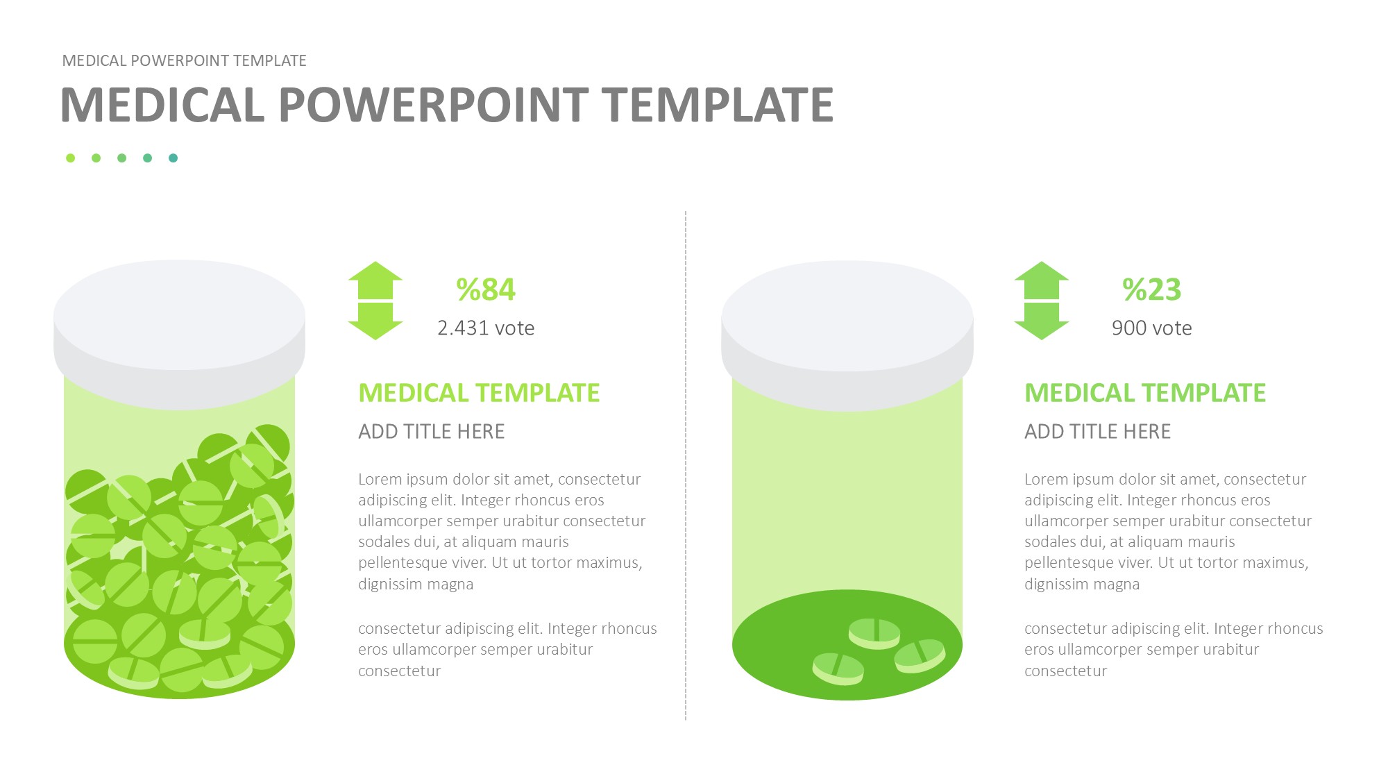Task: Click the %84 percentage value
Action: coord(486,289)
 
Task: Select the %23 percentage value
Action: coord(1152,289)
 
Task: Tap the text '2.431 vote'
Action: coord(486,328)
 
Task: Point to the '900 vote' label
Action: coord(1152,328)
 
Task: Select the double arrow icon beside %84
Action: coord(375,301)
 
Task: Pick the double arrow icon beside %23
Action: coord(1042,301)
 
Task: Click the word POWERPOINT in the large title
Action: coord(434,105)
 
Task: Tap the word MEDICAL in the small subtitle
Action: coord(94,60)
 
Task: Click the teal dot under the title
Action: coord(173,158)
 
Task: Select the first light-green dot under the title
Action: coord(70,158)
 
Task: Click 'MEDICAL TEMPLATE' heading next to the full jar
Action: coord(479,393)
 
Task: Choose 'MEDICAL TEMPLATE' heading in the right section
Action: coord(1145,393)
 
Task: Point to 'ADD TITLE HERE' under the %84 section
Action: coord(432,431)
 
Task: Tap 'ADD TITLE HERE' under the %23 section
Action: coord(1098,431)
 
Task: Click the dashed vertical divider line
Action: coord(686,465)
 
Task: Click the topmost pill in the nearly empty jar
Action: coord(874,633)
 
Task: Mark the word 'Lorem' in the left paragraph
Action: coord(380,479)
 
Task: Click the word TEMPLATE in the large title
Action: coord(718,105)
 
